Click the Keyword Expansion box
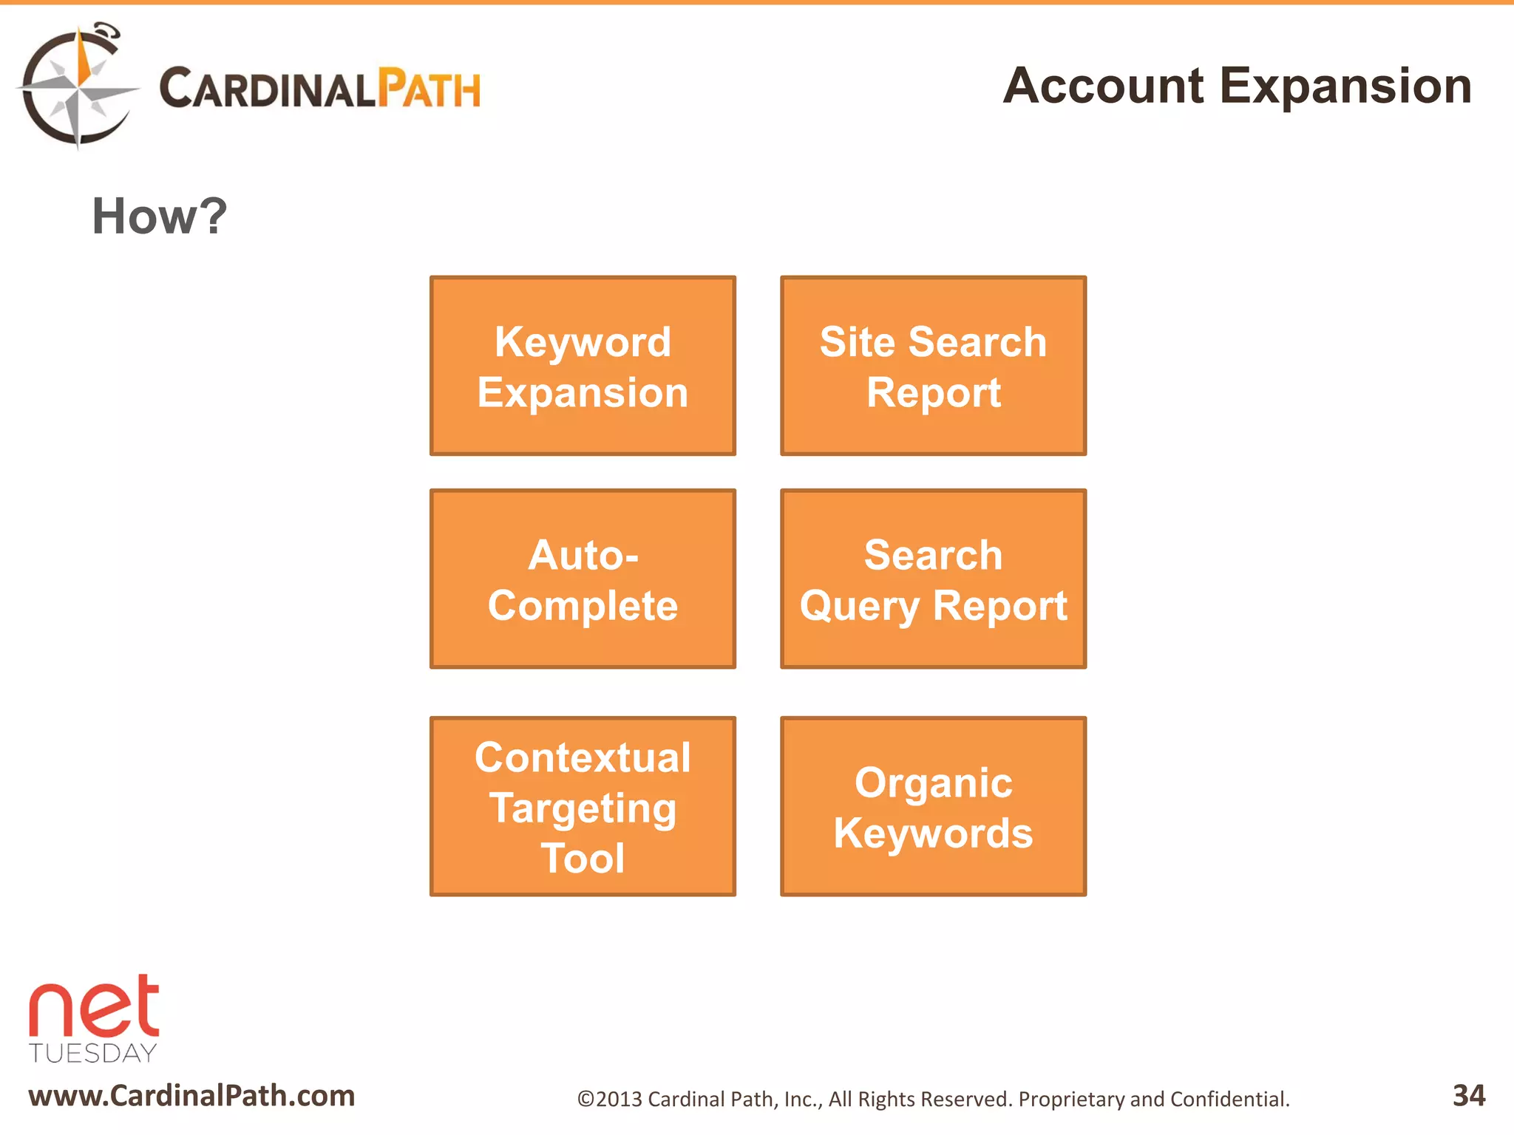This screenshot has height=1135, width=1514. [583, 366]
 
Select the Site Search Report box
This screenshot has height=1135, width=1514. [933, 366]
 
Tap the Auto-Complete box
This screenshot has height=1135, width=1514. [583, 579]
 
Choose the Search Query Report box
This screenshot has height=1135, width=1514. [933, 579]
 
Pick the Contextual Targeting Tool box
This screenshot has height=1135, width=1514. [583, 806]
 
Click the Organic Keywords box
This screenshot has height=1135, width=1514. [933, 806]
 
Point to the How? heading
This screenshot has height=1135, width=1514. [159, 217]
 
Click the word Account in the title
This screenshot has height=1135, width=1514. [1103, 86]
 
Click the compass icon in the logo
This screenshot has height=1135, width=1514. [76, 87]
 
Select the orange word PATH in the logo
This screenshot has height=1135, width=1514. [429, 89]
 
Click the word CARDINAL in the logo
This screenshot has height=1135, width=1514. [268, 89]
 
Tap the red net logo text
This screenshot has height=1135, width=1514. [94, 1007]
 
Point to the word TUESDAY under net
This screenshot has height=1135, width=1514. [93, 1053]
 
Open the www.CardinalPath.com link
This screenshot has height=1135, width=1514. [191, 1096]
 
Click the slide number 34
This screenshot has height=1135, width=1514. [1468, 1095]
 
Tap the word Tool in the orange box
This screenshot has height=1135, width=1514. [583, 858]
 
